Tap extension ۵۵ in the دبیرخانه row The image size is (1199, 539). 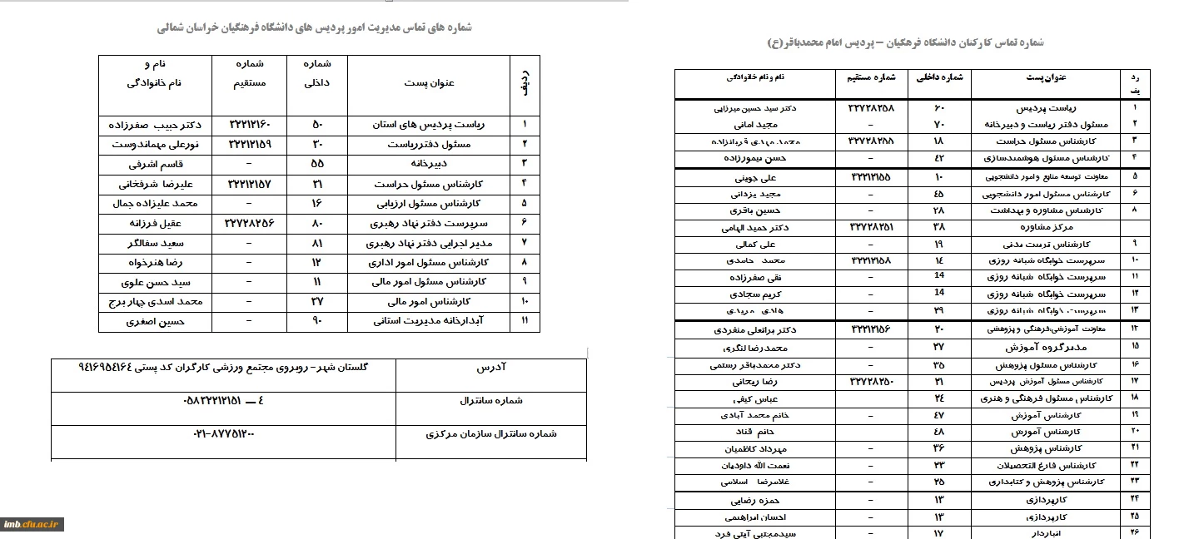pos(316,164)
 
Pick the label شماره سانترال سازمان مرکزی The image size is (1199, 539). pos(490,434)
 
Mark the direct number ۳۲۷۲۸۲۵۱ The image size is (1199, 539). pos(873,226)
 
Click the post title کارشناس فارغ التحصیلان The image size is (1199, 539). pos(1055,466)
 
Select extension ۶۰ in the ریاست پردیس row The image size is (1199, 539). pos(939,108)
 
